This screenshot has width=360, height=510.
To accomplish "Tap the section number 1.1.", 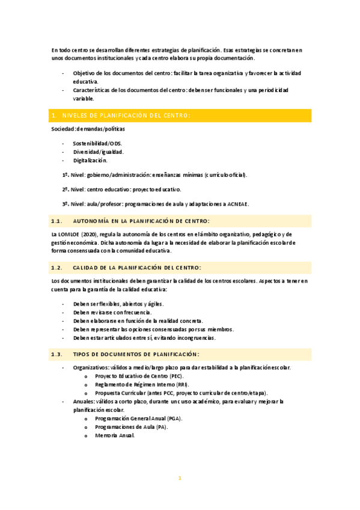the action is coord(58,221).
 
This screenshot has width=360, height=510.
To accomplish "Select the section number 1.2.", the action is coord(58,267).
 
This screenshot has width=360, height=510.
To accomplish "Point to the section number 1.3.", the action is coord(58,354).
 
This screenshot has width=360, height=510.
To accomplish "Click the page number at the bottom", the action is coord(180,478).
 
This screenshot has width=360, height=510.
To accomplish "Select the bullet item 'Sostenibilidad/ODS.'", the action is coord(97,144).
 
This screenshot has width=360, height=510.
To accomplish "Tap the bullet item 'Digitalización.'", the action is coord(90,161).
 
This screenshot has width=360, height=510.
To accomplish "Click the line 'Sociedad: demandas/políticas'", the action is coord(88,129).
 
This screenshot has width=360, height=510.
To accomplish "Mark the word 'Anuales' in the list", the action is coord(84,401).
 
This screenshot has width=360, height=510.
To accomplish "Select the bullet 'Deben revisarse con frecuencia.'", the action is coord(112,312).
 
